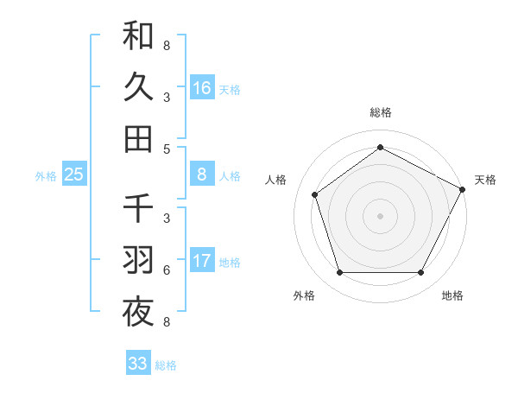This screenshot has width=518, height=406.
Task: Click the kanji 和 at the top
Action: pos(138,37)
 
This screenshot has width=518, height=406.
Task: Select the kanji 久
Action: pos(138,87)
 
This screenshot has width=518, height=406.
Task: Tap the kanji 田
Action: pos(138,138)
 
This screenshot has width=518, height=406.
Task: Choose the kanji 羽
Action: pos(138,259)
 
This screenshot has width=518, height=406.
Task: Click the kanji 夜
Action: pos(138,311)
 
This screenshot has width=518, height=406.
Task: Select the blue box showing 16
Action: pos(202,87)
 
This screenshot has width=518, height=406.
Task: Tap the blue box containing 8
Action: pos(202,174)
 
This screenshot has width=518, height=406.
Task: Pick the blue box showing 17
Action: pos(202,260)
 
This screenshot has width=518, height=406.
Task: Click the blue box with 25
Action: pos(74,174)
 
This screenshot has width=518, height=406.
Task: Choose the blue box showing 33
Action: pos(138,364)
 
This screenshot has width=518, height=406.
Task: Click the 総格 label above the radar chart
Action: pos(381,112)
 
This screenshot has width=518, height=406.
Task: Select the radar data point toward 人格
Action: pos(315,194)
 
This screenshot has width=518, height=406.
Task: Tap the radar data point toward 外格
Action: pos(339,273)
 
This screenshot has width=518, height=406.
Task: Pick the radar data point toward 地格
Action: pos(421,273)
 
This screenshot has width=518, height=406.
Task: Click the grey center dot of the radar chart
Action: pos(381,215)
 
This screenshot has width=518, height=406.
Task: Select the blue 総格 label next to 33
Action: pos(166,365)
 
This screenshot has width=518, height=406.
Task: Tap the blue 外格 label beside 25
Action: pos(46,175)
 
